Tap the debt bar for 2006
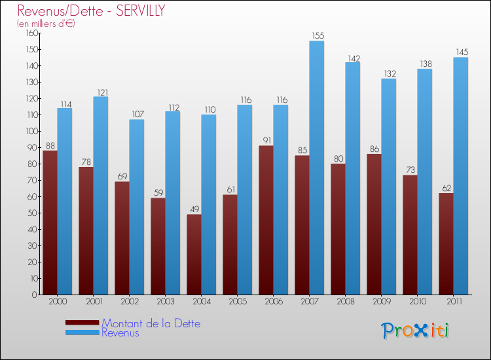coord(266,220)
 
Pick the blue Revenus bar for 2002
coord(136,207)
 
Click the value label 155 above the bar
coord(317,36)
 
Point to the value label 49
coord(194,209)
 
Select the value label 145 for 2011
coord(461,52)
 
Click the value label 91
coord(266,141)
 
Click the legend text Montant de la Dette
coord(151,323)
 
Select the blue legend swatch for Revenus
coord(82,333)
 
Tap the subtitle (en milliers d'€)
coord(46,24)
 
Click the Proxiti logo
coord(415,331)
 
